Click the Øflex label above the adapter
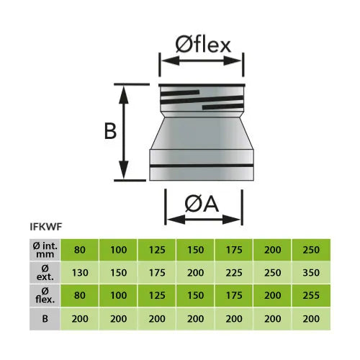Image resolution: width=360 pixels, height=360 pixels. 203,45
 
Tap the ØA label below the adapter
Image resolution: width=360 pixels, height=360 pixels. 202,204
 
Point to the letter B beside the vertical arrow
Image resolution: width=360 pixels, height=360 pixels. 110,131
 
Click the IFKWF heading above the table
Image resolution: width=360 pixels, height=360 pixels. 46,227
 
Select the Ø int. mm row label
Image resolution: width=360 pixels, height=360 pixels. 45,250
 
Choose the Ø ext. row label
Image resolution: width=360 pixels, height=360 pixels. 45,273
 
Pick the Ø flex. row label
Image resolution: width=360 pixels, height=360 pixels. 45,295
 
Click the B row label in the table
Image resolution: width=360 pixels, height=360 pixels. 45,319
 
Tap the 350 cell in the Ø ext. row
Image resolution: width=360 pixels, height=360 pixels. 311,273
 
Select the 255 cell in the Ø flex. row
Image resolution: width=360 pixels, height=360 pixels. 311,295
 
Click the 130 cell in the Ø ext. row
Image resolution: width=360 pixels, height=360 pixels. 80,273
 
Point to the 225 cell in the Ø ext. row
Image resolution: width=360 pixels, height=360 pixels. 234,273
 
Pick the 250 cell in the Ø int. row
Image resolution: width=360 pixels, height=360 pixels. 311,250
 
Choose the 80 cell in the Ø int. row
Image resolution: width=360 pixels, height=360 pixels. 80,250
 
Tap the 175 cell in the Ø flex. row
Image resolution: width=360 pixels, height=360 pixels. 234,295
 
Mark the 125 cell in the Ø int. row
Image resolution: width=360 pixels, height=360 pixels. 157,250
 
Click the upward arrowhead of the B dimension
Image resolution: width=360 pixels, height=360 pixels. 124,94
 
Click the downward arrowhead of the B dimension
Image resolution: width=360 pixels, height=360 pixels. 124,170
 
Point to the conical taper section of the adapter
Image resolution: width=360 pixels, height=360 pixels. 202,133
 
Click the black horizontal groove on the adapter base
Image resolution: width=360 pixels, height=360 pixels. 202,166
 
